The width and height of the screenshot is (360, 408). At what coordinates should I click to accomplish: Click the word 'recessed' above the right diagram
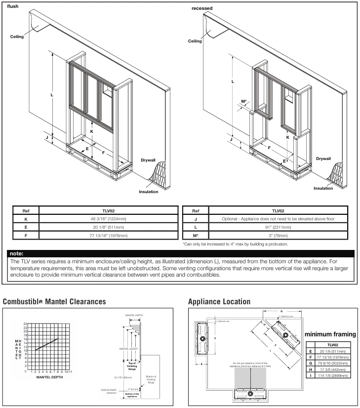(201, 9)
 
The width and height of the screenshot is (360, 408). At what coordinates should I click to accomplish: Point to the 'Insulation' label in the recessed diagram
(323, 188)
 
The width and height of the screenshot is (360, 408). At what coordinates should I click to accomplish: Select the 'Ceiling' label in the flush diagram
(17, 37)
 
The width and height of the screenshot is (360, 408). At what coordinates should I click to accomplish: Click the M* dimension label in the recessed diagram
(244, 102)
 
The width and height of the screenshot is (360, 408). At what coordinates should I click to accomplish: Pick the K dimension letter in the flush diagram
(91, 131)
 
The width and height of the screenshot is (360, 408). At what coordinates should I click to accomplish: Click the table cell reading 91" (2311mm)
(271, 227)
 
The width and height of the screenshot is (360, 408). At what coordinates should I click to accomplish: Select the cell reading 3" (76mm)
(271, 236)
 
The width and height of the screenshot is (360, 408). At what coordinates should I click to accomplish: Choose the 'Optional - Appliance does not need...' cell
(271, 218)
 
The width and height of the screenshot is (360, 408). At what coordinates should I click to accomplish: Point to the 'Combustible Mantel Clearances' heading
(54, 301)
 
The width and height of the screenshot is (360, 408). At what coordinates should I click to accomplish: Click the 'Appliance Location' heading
(219, 301)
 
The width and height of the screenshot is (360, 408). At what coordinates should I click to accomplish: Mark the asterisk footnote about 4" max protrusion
(235, 244)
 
